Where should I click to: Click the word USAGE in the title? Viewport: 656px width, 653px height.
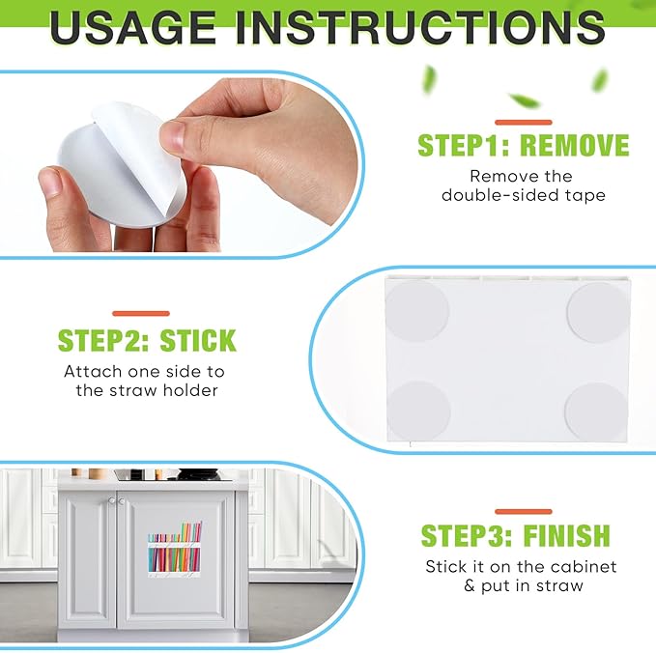click(x=132, y=28)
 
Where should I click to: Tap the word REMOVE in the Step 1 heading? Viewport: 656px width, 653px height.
click(x=575, y=146)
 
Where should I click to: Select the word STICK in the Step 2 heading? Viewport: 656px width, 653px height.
click(x=198, y=341)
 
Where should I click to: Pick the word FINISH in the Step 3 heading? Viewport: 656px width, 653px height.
click(x=566, y=535)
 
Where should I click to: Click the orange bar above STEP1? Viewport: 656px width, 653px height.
click(x=524, y=123)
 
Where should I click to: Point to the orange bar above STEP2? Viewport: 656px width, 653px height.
click(x=141, y=313)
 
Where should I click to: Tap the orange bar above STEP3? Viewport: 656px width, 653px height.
click(x=524, y=512)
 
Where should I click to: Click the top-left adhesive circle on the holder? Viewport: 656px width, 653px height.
click(x=416, y=310)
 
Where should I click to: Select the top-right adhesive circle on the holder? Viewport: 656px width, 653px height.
click(x=599, y=312)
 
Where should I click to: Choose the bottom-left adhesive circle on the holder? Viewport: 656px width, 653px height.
click(x=417, y=411)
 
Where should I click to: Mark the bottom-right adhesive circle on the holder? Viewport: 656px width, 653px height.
click(x=596, y=412)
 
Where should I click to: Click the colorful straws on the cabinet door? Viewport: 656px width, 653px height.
click(x=175, y=549)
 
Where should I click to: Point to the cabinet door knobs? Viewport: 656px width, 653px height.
click(x=116, y=500)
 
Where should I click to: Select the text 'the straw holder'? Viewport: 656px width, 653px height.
click(x=147, y=390)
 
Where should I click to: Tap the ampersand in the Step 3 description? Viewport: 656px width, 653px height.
click(x=470, y=586)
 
